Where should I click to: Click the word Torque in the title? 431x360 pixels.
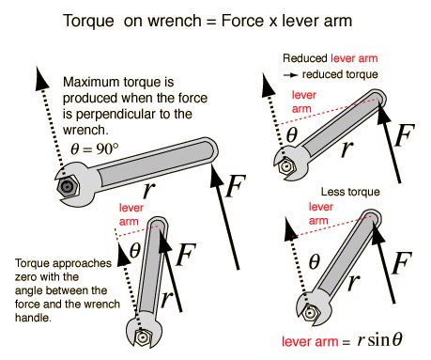point(93,19)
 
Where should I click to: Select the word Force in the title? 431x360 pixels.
point(258,19)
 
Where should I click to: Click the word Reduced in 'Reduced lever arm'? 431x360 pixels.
point(302,57)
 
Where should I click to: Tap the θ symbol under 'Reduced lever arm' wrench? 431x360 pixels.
point(292,135)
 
